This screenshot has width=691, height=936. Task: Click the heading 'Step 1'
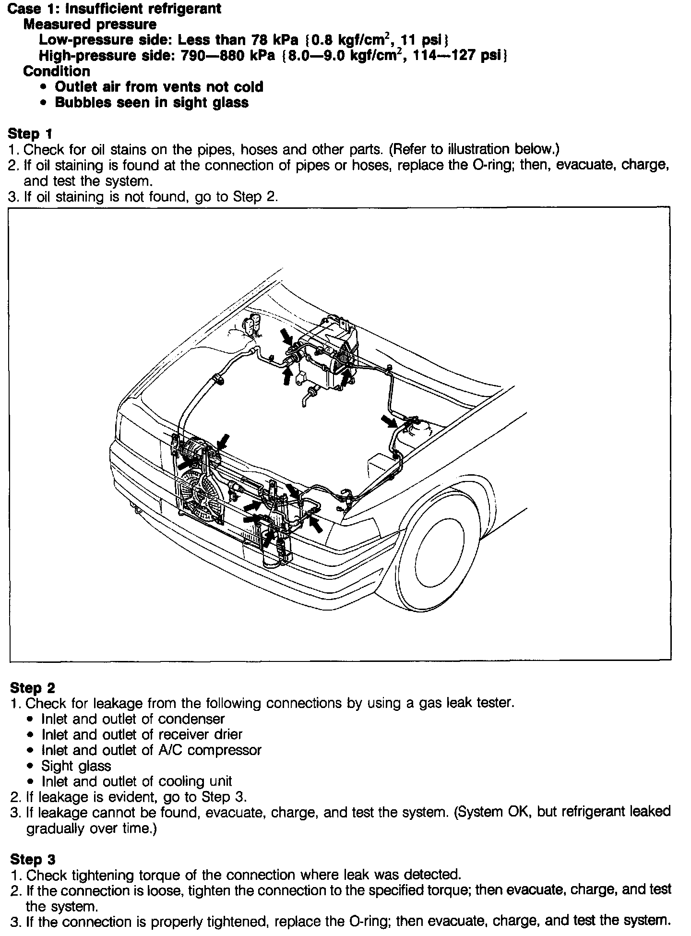pyautogui.click(x=31, y=134)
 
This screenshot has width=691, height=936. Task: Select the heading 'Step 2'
pyautogui.click(x=33, y=688)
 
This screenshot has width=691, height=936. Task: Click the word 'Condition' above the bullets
pyautogui.click(x=57, y=71)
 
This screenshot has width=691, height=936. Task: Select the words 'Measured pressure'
pyautogui.click(x=90, y=24)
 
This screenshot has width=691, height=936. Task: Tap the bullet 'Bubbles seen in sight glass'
pyautogui.click(x=152, y=102)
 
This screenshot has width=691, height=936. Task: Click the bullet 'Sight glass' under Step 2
pyautogui.click(x=76, y=766)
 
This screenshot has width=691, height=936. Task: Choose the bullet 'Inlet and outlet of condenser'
pyautogui.click(x=133, y=719)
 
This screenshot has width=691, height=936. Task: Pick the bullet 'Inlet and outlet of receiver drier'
pyautogui.click(x=142, y=734)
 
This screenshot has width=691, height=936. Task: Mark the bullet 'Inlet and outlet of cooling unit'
pyautogui.click(x=137, y=781)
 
